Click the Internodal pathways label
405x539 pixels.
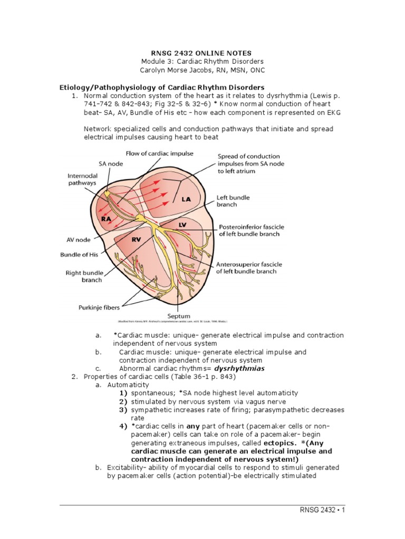(x=82, y=179)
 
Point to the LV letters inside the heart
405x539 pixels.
(x=182, y=225)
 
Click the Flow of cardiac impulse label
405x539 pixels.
(x=159, y=153)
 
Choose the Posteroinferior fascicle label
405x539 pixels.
(x=249, y=231)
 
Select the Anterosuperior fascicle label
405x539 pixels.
(x=249, y=267)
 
